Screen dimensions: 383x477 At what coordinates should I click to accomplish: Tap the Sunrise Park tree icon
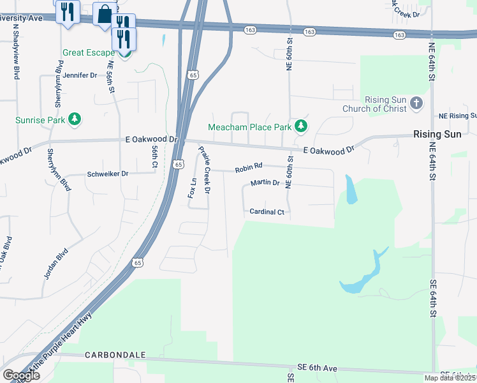pos(75,119)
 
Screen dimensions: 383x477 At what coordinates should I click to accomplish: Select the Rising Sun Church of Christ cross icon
pos(416,104)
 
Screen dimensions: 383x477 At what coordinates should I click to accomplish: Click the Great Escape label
pos(89,53)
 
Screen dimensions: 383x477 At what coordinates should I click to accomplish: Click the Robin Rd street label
pos(249,169)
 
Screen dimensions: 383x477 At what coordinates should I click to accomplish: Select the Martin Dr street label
pos(265,183)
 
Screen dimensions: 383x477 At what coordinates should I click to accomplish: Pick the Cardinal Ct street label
pos(267,211)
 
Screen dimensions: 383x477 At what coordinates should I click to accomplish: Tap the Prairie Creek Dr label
pos(205,170)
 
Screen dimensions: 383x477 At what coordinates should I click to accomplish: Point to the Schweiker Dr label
pos(107,174)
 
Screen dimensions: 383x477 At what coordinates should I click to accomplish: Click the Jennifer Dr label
pos(80,75)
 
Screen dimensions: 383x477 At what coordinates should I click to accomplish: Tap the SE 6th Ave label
pos(317,368)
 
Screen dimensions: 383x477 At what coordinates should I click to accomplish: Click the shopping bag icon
pos(105,13)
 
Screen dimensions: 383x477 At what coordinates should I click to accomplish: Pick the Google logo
pos(21,375)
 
